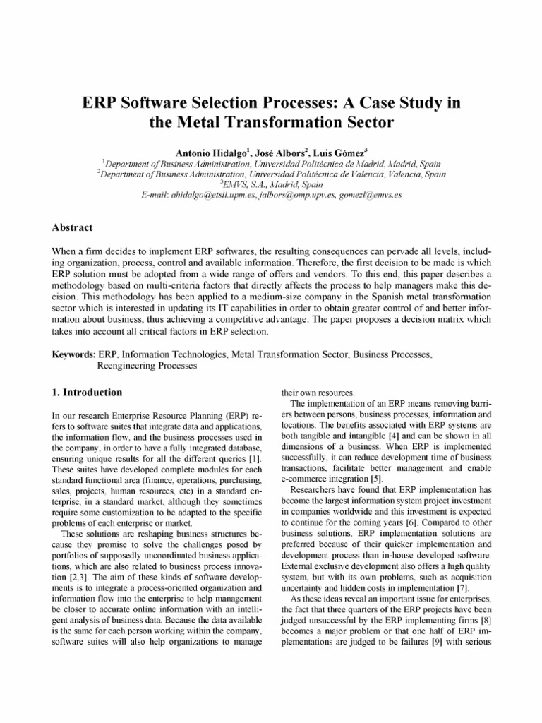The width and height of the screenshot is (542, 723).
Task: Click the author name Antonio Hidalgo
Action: click(x=206, y=150)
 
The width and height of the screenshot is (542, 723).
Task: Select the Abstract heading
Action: click(x=73, y=228)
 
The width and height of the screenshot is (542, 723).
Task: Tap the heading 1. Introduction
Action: click(x=88, y=392)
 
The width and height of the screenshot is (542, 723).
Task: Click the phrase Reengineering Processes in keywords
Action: click(x=146, y=366)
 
